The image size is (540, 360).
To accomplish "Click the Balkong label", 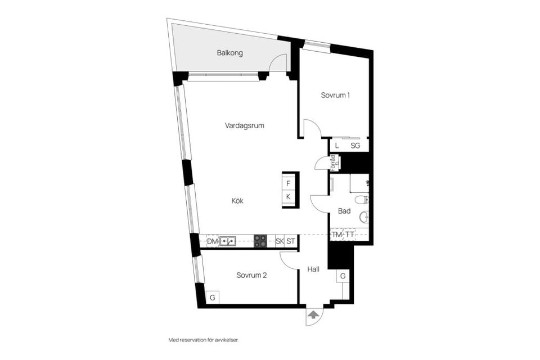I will point(229,53).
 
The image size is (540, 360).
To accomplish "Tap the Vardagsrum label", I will point(245,125).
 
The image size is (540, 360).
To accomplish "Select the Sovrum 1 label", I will point(335,95).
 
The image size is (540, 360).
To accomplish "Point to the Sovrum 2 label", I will point(251,276).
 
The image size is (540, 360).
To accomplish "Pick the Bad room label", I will point(344,211).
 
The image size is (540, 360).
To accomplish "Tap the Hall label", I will point(313,269).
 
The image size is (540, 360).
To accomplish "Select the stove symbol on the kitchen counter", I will point(260,241).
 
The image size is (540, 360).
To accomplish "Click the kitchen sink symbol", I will point(228,241).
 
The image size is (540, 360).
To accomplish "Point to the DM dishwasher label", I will point(212,241).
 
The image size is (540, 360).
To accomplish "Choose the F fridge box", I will point(288,183).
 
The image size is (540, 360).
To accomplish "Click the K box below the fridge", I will point(288,196).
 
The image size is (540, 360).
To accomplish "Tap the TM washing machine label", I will point(336,235).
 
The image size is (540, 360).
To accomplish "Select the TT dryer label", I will point(350,235).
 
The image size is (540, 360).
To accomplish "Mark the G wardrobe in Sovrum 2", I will point(213,297).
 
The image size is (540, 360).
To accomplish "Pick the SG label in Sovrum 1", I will point(355,146).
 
